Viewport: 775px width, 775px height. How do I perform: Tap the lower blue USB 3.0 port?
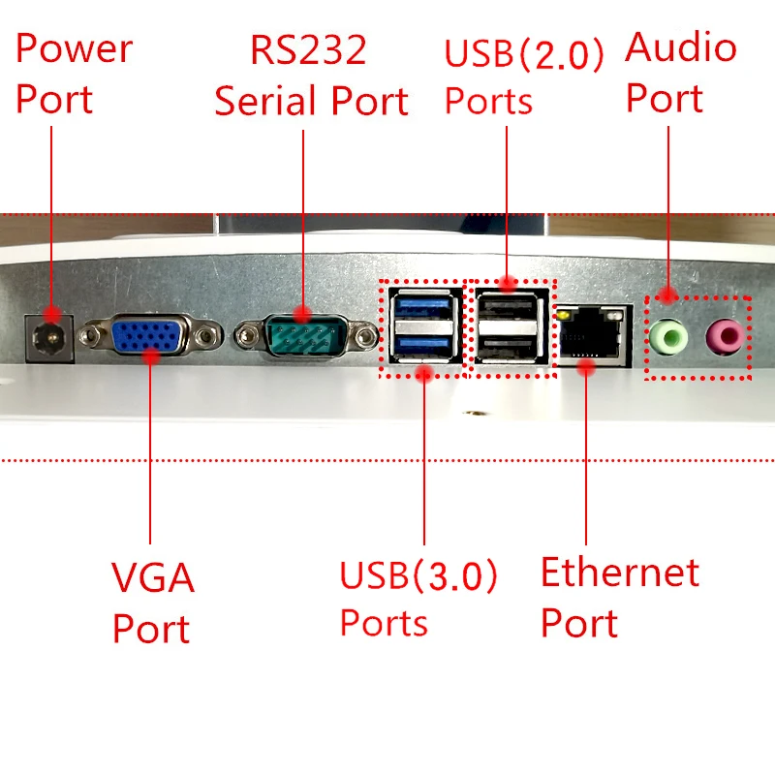point(424,346)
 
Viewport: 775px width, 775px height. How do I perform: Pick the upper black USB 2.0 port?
point(507,310)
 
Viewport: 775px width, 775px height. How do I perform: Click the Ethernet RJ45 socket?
point(589,334)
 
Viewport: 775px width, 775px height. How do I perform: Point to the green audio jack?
point(668,336)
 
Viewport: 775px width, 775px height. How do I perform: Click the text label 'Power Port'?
point(74,74)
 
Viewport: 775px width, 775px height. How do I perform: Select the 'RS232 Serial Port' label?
point(310,76)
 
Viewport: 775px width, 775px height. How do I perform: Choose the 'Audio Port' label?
point(681,73)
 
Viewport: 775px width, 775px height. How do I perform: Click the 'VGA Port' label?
point(153,603)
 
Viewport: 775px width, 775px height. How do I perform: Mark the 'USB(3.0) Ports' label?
point(418,599)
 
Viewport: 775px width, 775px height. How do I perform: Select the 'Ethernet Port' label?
point(619,598)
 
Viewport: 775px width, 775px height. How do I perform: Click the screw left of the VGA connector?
point(93,336)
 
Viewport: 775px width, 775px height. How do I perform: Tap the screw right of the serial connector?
point(366,336)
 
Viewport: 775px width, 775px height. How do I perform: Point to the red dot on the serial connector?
point(303,315)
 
